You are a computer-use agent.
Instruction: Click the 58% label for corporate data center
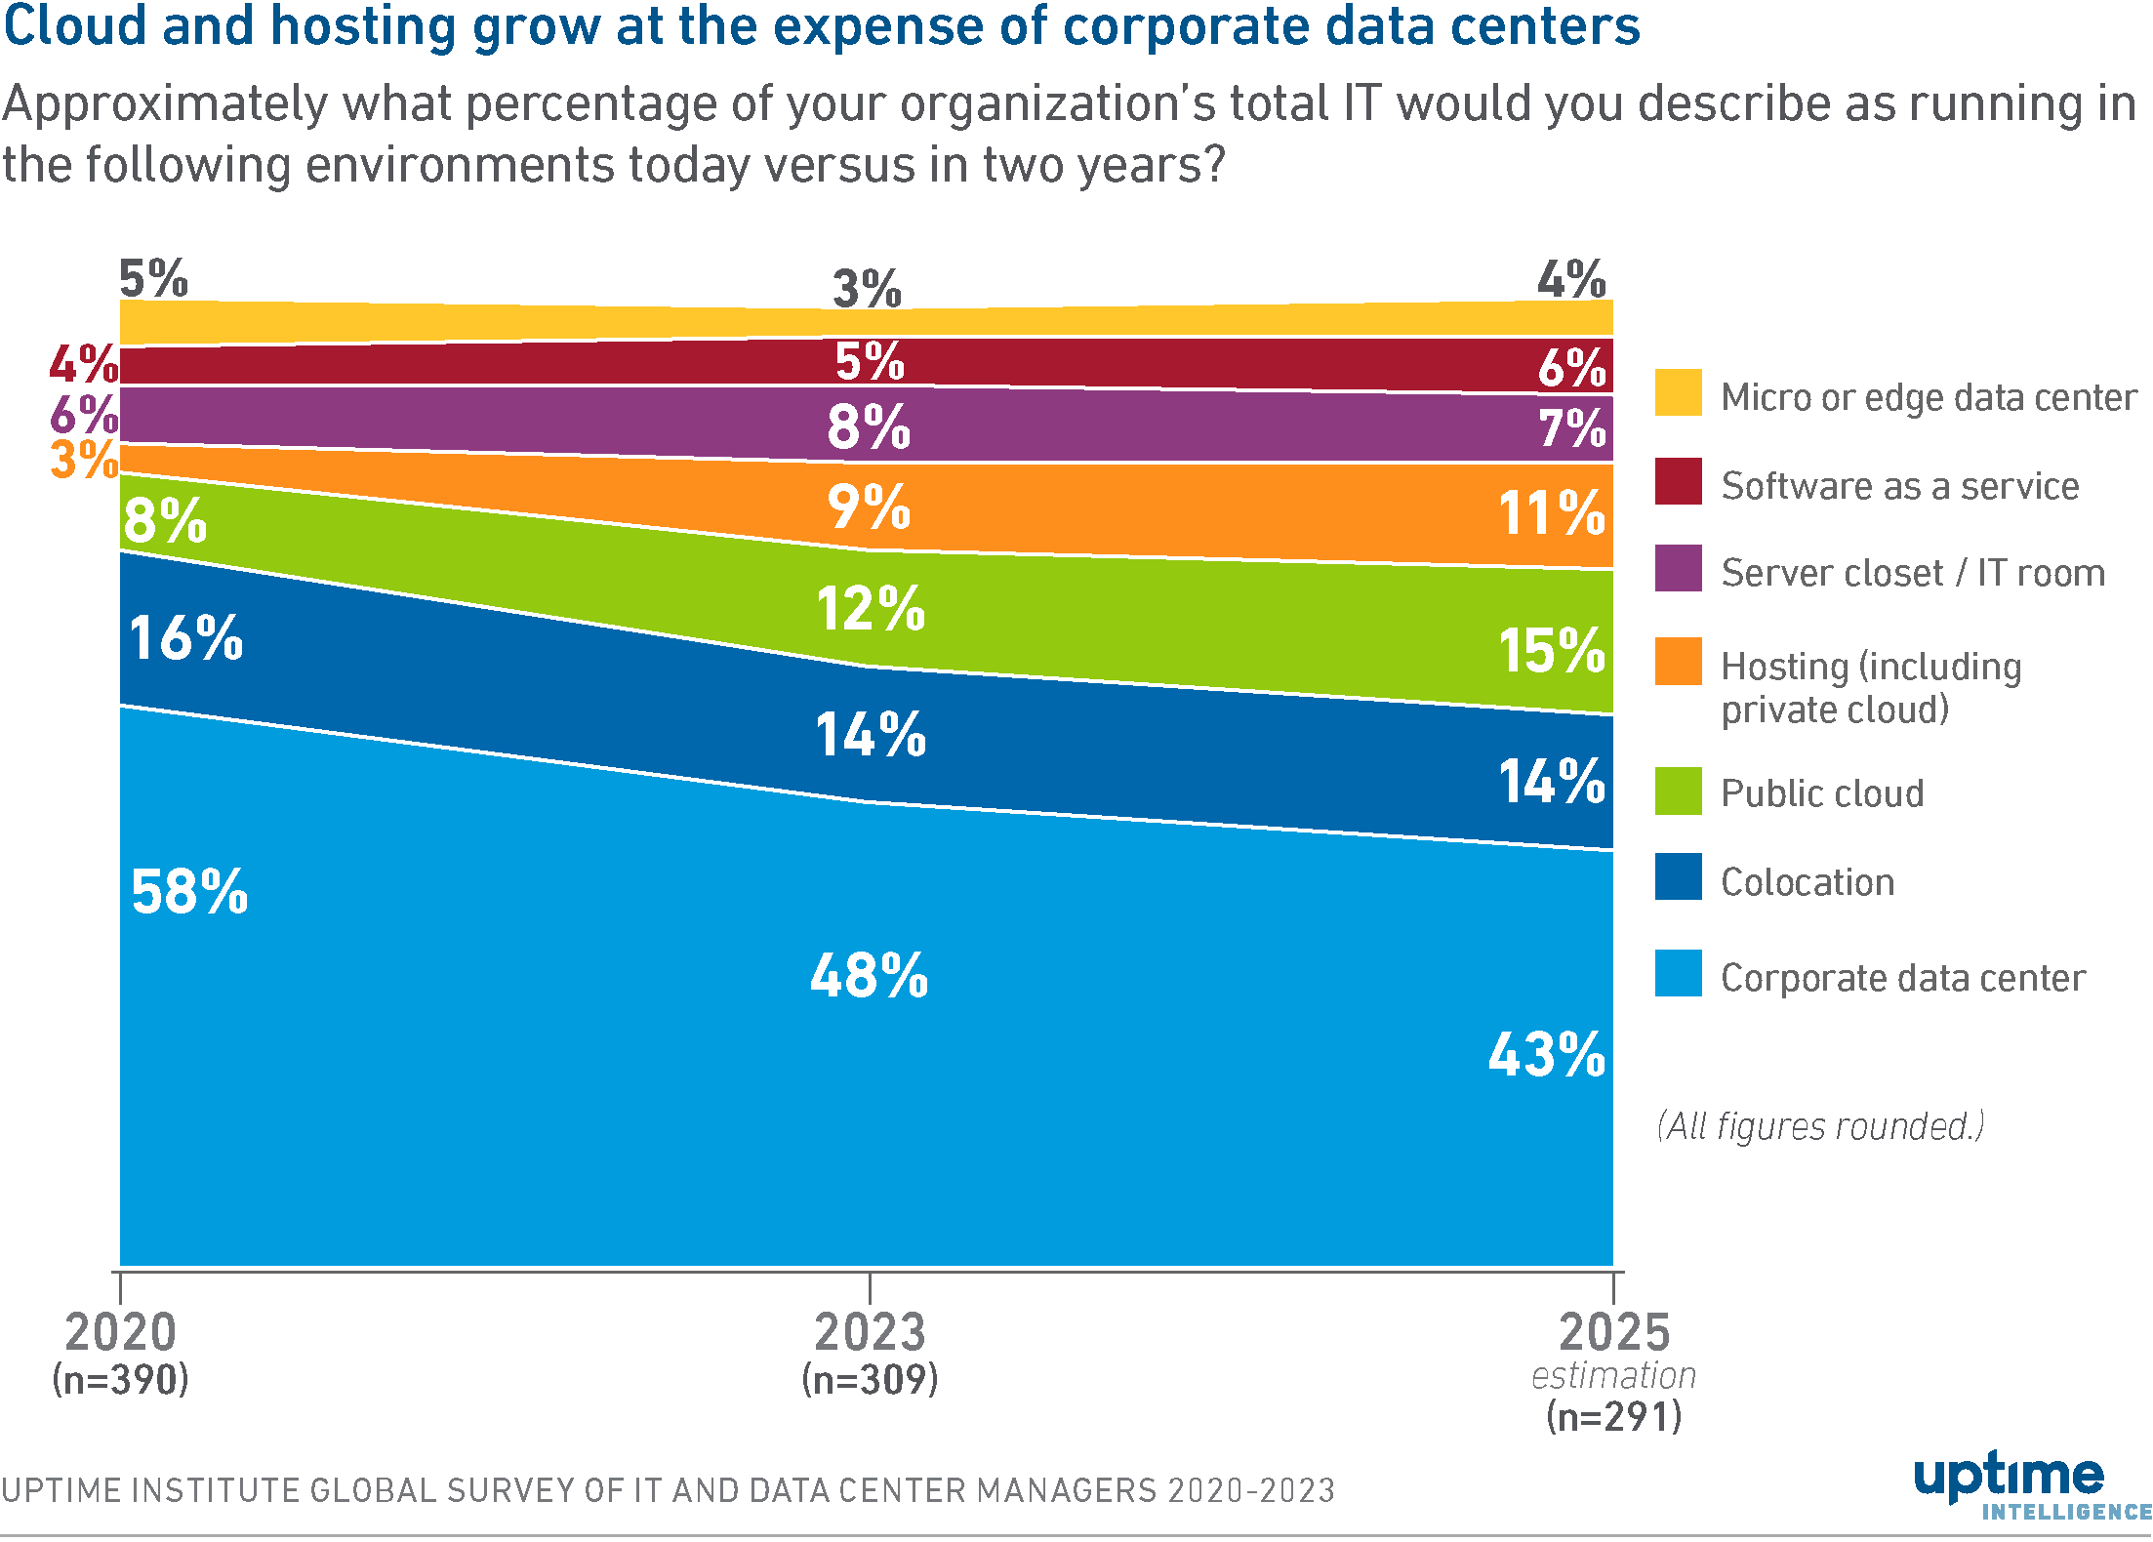[189, 892]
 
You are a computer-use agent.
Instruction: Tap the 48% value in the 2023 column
[869, 975]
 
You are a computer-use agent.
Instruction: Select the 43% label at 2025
[1546, 1055]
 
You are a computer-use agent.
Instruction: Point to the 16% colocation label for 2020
[185, 638]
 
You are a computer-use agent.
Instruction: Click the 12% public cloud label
[870, 609]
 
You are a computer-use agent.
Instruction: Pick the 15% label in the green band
[1551, 651]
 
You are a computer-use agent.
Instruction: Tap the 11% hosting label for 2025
[1551, 513]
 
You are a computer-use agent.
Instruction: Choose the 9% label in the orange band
[869, 507]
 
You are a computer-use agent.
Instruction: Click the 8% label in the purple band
[869, 427]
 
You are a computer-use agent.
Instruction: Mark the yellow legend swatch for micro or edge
[1678, 392]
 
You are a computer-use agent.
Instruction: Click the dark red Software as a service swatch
[1678, 481]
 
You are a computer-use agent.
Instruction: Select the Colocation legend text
[1807, 882]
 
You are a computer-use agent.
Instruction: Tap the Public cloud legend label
[1821, 793]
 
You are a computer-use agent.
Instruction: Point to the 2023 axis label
[869, 1332]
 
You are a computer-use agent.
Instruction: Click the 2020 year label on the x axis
[120, 1332]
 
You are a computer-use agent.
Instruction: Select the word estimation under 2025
[1613, 1375]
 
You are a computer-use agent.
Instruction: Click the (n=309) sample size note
[869, 1379]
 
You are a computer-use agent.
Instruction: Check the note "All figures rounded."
[1820, 1126]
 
